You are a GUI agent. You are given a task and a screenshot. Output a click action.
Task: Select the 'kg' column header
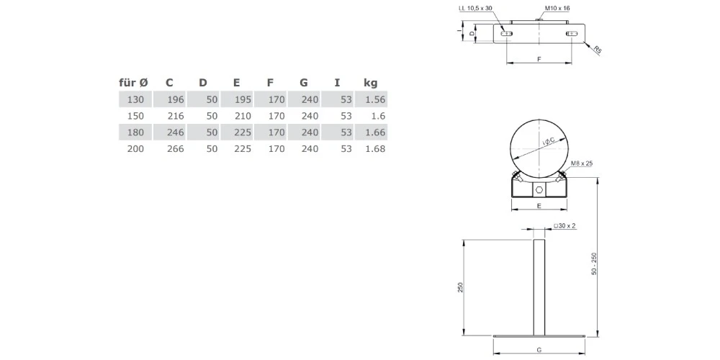370,83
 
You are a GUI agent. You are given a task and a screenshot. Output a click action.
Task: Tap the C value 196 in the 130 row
175,99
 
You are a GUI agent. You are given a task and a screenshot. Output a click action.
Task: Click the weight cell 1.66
375,132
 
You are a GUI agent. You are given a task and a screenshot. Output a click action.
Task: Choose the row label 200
135,149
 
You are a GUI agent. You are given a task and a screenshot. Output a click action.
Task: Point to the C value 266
175,149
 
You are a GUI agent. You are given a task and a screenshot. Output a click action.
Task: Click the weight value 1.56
375,99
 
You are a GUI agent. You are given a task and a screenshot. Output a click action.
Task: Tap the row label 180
135,132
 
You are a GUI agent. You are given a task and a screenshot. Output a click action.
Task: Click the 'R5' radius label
598,50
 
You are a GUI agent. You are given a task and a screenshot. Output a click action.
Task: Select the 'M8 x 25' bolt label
580,164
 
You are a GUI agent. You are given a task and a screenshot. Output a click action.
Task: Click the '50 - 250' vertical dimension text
594,264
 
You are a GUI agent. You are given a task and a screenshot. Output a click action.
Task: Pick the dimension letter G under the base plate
539,349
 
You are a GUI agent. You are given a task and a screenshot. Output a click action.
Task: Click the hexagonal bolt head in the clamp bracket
539,189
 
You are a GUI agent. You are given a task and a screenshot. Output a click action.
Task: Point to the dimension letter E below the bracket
539,206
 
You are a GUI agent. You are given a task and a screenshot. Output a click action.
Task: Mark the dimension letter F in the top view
539,58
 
